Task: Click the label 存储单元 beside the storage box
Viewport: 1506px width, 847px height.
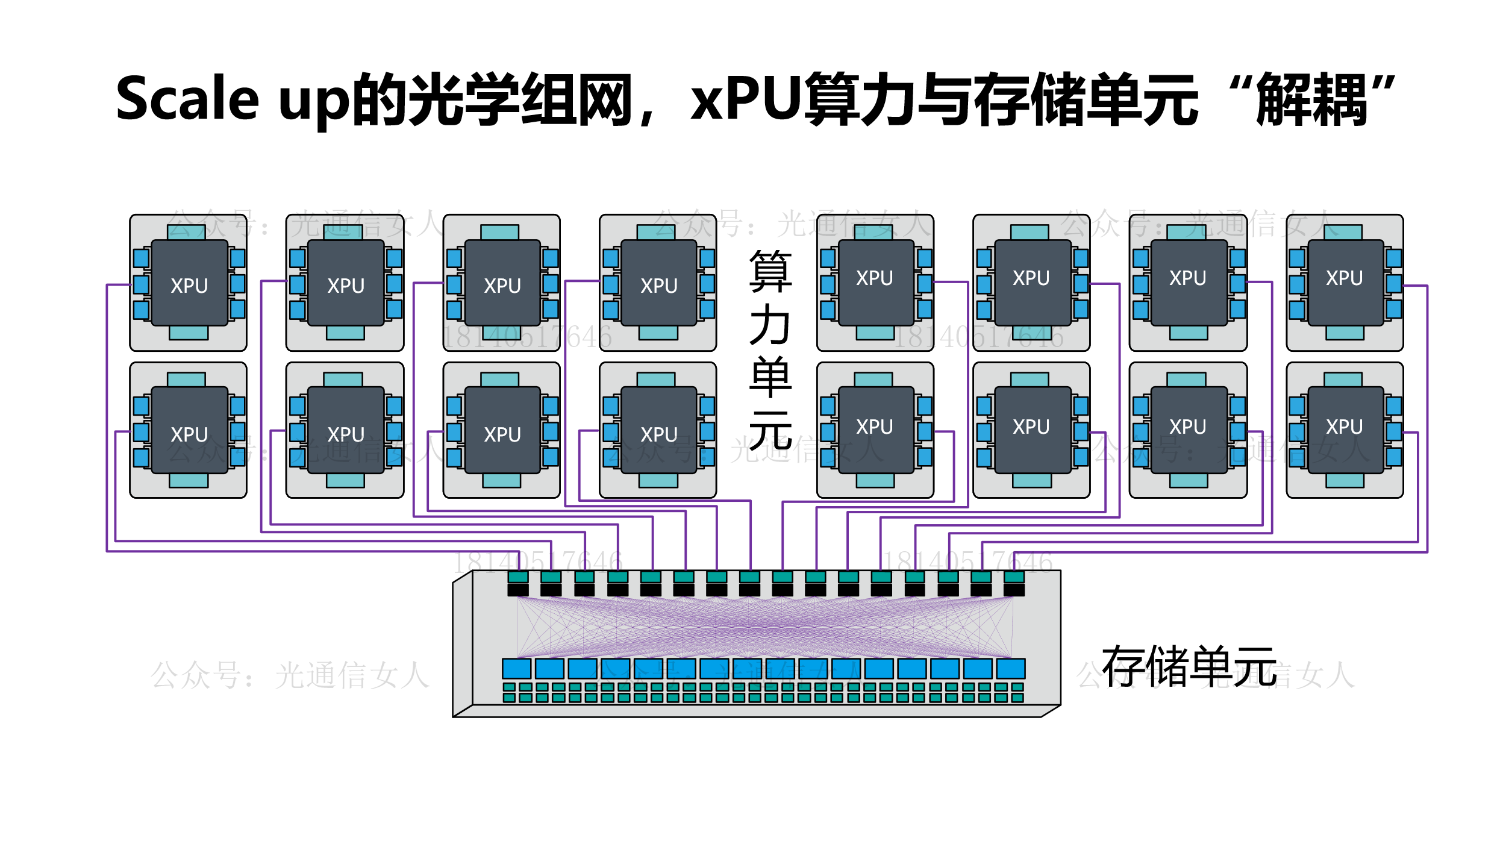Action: click(1189, 666)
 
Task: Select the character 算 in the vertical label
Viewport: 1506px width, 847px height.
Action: click(770, 271)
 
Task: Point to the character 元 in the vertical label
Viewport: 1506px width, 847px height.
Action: click(770, 431)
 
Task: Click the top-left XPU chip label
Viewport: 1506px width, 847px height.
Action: click(189, 286)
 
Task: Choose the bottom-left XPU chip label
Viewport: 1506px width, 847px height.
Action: click(189, 434)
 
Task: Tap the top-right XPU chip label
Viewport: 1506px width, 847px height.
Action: click(1344, 278)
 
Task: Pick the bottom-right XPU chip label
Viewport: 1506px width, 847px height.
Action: click(1344, 427)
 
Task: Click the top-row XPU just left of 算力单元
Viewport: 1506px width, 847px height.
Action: click(658, 286)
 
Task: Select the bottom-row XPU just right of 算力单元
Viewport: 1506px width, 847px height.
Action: click(874, 427)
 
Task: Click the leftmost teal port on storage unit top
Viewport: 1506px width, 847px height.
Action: click(518, 577)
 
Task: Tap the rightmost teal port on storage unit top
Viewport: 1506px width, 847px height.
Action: click(1014, 577)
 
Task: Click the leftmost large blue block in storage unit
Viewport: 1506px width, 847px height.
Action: click(516, 668)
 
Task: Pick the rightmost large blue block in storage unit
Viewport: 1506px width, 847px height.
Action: click(1011, 668)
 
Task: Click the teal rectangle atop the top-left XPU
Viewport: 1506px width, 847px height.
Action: click(186, 233)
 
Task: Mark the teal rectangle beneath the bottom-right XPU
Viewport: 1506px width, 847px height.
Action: click(1345, 480)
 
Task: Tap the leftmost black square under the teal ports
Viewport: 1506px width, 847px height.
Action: click(518, 590)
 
